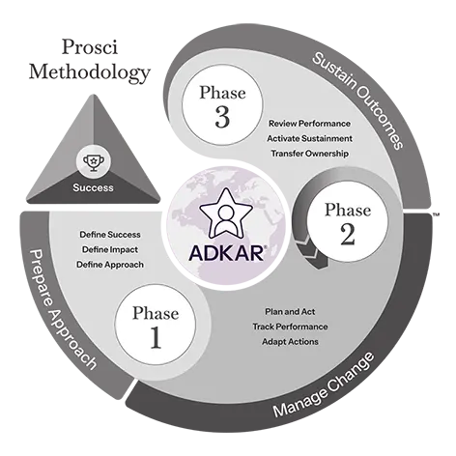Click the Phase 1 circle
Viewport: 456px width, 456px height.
(156, 325)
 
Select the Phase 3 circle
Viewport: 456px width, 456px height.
(222, 104)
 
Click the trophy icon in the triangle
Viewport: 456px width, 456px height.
(94, 162)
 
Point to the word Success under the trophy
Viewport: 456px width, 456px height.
(93, 187)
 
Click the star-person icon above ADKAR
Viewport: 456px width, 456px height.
(226, 213)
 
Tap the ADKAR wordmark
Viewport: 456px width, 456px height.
(227, 253)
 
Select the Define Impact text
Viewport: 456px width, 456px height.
(110, 249)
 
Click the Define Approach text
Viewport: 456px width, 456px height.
(110, 265)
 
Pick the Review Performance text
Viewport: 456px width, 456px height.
(310, 124)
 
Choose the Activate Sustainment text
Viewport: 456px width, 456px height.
(309, 138)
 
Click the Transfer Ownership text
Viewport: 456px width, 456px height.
(309, 154)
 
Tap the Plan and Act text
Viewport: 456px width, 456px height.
(290, 312)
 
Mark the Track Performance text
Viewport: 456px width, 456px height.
(290, 327)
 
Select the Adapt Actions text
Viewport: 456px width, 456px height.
(290, 342)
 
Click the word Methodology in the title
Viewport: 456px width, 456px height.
(90, 72)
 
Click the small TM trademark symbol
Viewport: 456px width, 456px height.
(436, 214)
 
